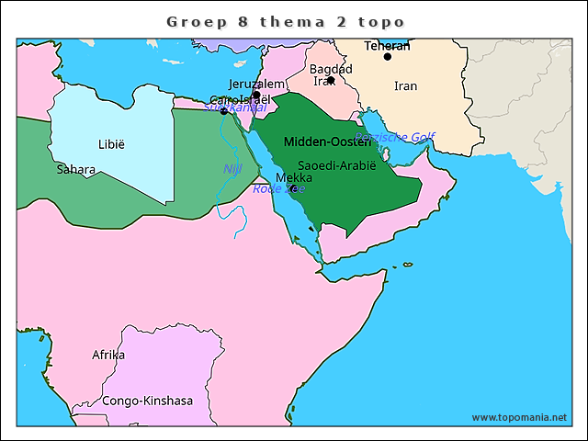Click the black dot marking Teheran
(x=388, y=57)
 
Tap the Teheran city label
(x=387, y=45)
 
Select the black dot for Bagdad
(x=331, y=80)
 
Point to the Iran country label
(x=405, y=85)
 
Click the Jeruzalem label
(x=256, y=84)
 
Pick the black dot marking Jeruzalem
(x=255, y=95)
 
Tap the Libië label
(x=110, y=144)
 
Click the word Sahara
(x=75, y=169)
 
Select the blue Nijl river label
(x=231, y=169)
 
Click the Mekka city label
(x=293, y=177)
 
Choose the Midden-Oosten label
(x=327, y=141)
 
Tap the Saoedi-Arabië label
(x=337, y=165)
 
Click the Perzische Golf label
(x=395, y=137)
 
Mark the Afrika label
(x=107, y=354)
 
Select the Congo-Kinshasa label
(x=147, y=401)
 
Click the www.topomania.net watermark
(x=519, y=418)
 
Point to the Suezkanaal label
(x=235, y=107)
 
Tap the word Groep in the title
(x=194, y=21)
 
